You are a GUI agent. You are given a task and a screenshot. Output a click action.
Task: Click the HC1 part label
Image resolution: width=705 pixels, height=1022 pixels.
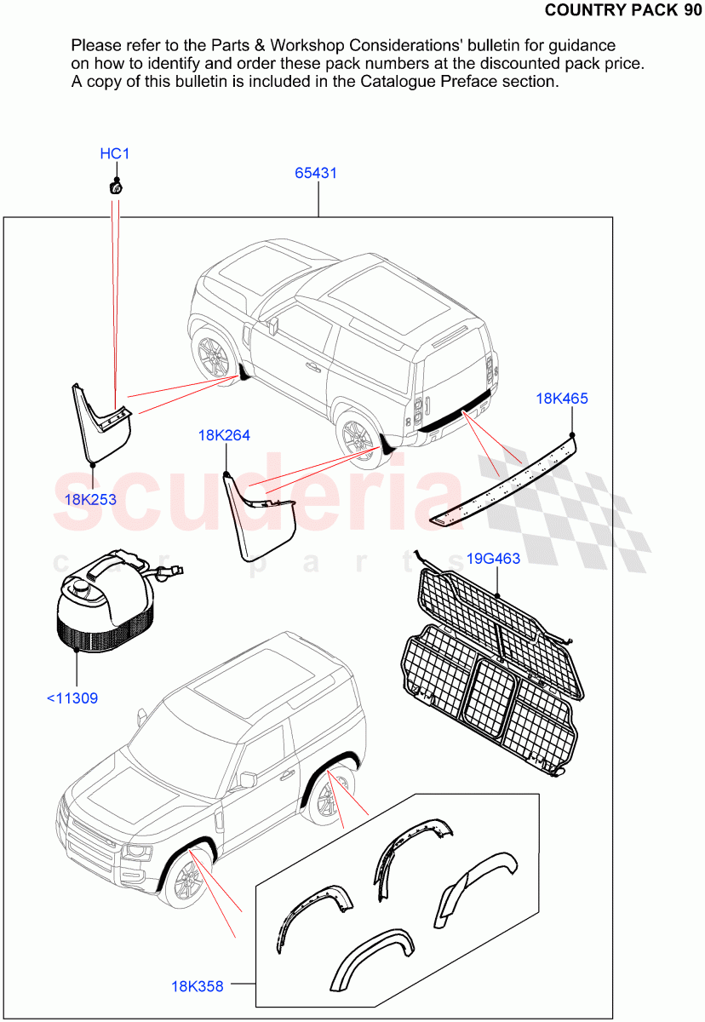(115, 154)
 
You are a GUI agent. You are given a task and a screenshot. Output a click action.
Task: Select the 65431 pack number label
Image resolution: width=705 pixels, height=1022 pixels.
(316, 173)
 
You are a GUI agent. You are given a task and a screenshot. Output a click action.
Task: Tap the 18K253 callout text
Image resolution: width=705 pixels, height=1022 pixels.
(90, 499)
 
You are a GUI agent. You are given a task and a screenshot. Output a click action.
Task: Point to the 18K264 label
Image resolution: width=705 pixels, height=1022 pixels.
(224, 435)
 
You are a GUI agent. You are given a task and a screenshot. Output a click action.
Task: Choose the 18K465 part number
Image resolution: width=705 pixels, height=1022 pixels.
(562, 398)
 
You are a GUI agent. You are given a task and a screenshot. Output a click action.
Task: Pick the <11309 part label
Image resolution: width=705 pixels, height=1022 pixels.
(72, 698)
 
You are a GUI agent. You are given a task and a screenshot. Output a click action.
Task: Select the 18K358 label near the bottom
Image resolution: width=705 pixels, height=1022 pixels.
(198, 986)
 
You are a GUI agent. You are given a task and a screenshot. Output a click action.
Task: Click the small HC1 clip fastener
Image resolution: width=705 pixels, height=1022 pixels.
(115, 186)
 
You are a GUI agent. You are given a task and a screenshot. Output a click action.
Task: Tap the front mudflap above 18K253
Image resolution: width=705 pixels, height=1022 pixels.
(102, 422)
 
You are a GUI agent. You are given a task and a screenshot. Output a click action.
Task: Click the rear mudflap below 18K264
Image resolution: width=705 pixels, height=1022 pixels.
(259, 520)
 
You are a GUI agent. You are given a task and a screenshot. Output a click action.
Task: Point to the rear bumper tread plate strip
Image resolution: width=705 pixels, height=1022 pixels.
(502, 482)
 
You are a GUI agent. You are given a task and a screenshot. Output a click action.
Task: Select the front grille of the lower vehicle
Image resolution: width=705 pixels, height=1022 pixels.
(93, 840)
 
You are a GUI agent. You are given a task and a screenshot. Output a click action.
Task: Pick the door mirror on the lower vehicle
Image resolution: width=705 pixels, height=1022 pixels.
(248, 779)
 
